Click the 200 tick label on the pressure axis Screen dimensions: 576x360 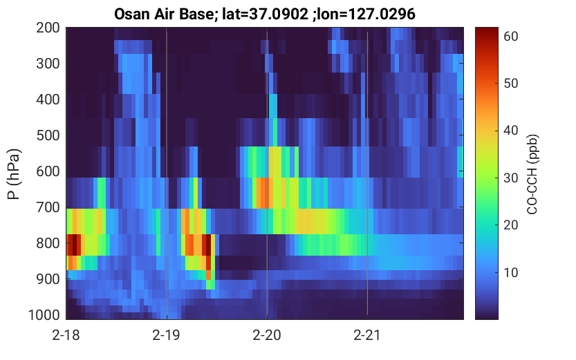coord(48,28)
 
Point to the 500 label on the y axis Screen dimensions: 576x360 coord(48,135)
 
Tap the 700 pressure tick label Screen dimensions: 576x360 coord(48,207)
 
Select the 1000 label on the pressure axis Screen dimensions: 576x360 coord(44,315)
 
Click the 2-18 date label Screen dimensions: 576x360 coord(66,335)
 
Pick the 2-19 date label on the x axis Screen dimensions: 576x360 coord(167,335)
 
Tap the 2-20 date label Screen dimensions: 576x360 coord(267,335)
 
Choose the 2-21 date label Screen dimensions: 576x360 coord(367,335)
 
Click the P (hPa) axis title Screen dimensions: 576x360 coord(14,174)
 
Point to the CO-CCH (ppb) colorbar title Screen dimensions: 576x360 coord(532,174)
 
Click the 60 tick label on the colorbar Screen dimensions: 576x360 coord(510,37)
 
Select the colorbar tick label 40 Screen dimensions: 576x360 coord(510,131)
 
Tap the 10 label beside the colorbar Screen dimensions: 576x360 coord(510,273)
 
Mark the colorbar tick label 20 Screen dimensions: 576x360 coord(510,225)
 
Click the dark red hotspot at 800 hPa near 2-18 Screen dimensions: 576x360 coord(74,245)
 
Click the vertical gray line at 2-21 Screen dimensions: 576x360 coord(367,173)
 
